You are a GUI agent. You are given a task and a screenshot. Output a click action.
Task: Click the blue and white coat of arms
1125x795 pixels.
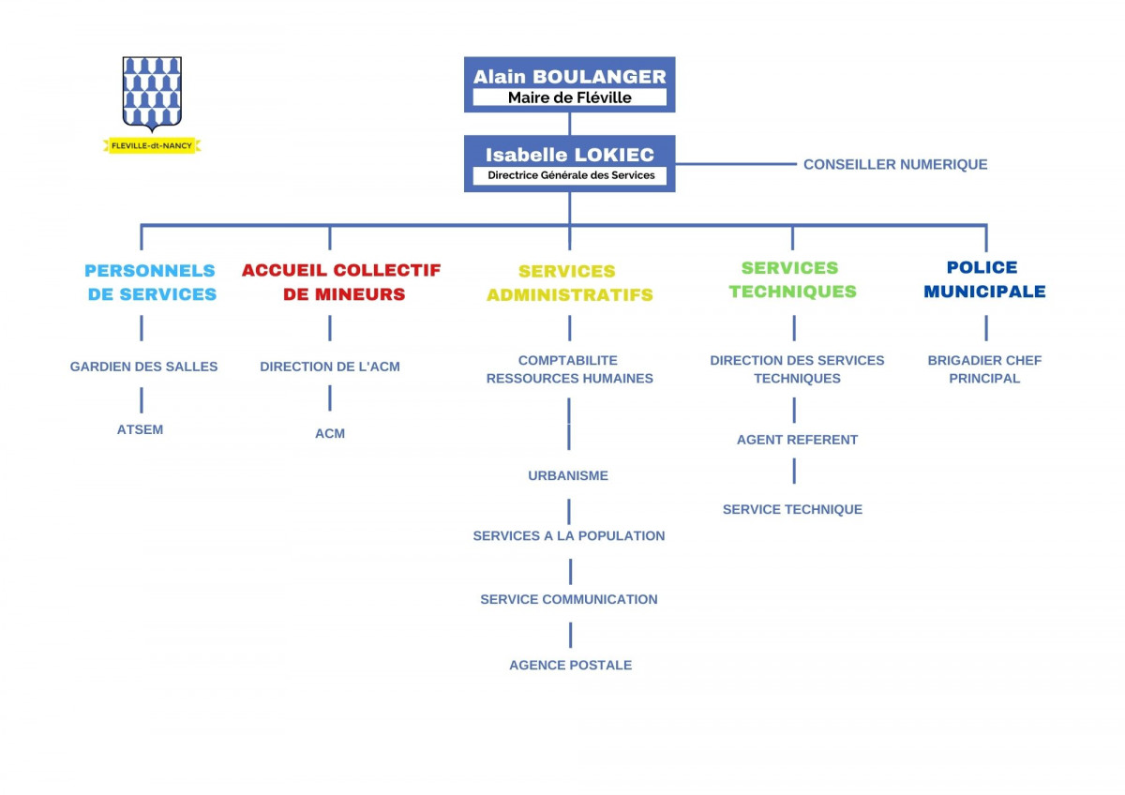pos(152,94)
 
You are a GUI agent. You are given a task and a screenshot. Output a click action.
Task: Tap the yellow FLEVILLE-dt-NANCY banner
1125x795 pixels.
pos(152,145)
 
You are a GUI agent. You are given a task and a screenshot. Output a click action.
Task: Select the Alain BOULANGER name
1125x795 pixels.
pos(570,76)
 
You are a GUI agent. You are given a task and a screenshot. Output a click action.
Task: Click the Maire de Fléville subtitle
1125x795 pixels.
pos(570,97)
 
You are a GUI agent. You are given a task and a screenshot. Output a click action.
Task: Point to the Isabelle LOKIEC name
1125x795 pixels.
pos(570,155)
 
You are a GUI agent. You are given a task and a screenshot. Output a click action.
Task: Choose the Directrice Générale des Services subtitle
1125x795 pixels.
pos(571,175)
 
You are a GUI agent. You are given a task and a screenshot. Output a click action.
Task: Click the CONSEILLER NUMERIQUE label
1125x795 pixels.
pos(895,164)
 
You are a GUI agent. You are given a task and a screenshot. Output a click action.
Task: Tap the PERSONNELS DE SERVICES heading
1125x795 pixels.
pos(151,282)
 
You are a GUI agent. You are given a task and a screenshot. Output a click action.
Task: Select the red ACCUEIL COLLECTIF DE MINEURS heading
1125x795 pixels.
pos(341,282)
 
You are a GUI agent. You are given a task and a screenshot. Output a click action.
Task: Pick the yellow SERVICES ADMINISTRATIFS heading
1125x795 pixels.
pos(570,283)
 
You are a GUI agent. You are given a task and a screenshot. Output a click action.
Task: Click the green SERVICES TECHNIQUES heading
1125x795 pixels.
pos(792,279)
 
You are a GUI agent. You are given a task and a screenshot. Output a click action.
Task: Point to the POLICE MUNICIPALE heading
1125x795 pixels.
pos(984,279)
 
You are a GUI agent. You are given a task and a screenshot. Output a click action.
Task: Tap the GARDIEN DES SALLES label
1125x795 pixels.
pos(143,367)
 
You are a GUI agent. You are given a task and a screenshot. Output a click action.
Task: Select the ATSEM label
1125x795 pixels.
pos(140,430)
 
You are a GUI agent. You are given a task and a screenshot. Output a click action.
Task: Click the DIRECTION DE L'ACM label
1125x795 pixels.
pos(330,367)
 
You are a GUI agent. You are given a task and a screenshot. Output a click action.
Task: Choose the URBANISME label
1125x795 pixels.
pos(568,475)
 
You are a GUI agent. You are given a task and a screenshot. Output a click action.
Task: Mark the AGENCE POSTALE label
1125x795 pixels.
pos(571,665)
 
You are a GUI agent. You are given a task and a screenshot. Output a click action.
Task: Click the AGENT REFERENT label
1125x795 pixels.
pos(797,440)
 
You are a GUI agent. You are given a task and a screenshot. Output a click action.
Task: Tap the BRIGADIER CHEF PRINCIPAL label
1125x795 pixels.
pos(984,369)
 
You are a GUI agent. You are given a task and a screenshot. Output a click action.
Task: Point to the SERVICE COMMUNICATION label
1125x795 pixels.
pos(568,599)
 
